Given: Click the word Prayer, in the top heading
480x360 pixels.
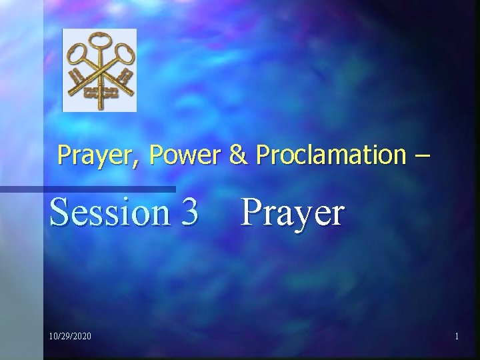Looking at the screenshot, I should pyautogui.click(x=99, y=156).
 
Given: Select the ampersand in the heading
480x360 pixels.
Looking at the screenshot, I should pyautogui.click(x=236, y=155).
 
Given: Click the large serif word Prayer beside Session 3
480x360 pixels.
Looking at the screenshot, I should pyautogui.click(x=293, y=213).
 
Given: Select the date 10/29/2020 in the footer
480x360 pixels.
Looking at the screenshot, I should pyautogui.click(x=71, y=337).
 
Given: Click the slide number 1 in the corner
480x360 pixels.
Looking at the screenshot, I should pyautogui.click(x=457, y=337).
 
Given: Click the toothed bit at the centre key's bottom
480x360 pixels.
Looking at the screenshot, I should pyautogui.click(x=100, y=92).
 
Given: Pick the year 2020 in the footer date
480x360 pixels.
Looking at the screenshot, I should pyautogui.click(x=82, y=337).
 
